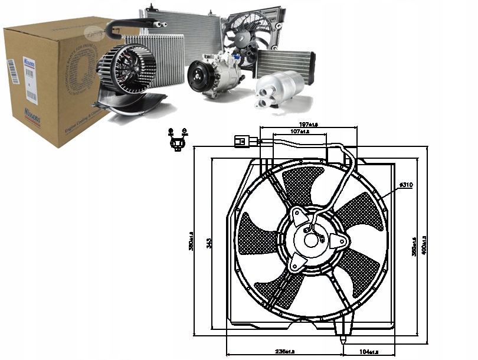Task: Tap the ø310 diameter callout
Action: click(405, 185)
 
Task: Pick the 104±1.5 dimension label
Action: click(371, 352)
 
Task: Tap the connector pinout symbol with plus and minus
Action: click(177, 139)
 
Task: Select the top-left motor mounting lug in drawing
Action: click(297, 215)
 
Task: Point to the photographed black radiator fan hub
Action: click(246, 37)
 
